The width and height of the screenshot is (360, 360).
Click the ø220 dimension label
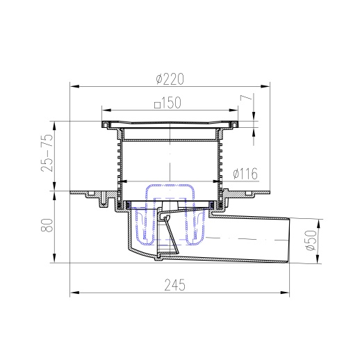(x=170, y=79)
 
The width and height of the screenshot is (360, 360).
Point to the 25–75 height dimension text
(x=47, y=153)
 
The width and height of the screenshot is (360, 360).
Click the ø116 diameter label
(x=245, y=174)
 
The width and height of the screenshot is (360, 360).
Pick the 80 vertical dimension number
(x=47, y=224)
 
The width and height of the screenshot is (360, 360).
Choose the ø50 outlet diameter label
(x=311, y=240)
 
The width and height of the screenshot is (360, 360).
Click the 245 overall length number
(x=175, y=285)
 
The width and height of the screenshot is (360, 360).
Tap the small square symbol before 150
(x=158, y=105)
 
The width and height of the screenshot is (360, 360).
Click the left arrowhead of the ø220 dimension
(x=74, y=86)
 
